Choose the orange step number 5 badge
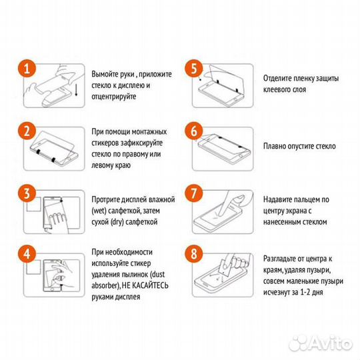click(194, 69)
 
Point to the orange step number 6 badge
click(194, 131)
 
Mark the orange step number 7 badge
click(194, 194)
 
